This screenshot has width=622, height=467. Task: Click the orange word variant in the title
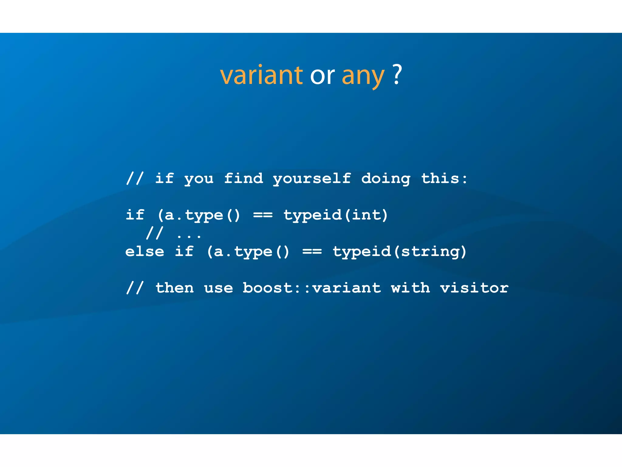261,75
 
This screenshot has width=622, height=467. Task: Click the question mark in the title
397,74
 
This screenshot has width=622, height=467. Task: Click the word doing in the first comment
386,179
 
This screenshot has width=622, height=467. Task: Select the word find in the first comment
244,178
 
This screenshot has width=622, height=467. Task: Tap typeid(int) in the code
336,215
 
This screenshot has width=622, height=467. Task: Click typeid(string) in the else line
399,252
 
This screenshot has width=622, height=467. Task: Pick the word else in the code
145,252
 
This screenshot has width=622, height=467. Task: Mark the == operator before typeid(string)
312,252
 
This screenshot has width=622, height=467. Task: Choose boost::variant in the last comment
312,288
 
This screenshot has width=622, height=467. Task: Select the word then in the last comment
175,288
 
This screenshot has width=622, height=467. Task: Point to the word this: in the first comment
444,178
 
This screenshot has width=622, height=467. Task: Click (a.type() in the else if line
248,252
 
